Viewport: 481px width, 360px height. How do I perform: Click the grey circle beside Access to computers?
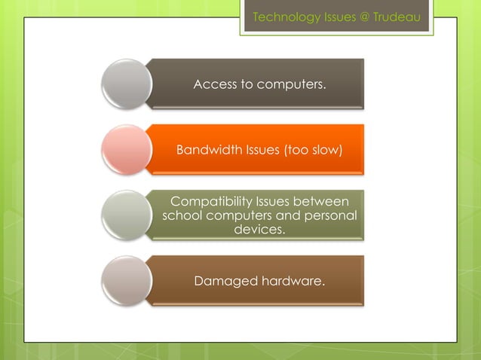tap(125, 84)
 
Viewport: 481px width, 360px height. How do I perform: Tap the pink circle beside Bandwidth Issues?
tap(125, 150)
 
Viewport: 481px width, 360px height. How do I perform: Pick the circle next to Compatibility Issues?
tap(125, 215)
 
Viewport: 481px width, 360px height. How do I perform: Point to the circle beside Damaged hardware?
tap(125, 280)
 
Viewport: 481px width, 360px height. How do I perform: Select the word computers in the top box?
tap(292, 84)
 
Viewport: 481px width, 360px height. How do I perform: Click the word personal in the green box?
tap(329, 215)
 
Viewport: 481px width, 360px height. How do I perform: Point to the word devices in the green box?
tap(260, 229)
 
